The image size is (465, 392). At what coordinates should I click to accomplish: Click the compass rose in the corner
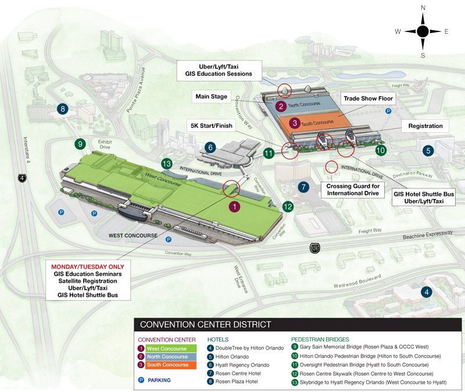tap(423, 32)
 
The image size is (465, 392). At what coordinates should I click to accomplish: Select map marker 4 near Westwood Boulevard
tap(427, 292)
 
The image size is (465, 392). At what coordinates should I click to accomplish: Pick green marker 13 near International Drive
tap(167, 165)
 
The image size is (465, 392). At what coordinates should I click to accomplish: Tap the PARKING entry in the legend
tap(154, 380)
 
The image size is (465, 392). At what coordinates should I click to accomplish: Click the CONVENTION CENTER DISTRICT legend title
tap(202, 325)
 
